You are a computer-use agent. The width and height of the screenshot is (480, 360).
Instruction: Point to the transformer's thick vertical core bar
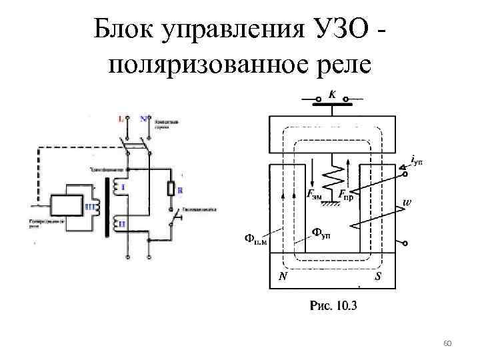point(106,207)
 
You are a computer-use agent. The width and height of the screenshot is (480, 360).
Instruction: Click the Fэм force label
point(315,195)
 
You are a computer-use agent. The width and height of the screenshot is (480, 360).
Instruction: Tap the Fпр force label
point(346,195)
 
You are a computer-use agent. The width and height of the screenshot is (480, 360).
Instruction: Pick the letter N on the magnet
point(283,278)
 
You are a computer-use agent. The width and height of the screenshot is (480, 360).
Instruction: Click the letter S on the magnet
point(377,278)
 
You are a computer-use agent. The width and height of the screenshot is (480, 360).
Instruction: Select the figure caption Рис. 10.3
point(334,306)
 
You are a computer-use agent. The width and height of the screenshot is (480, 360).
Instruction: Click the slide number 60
point(447,343)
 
